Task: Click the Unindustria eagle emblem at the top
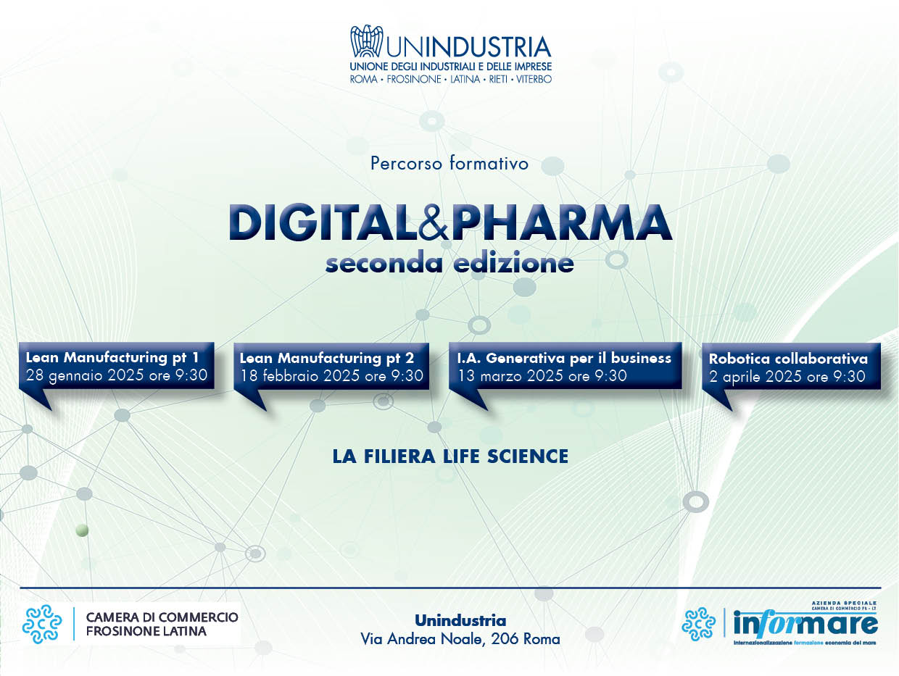366,41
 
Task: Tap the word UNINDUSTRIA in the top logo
468,46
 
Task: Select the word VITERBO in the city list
534,79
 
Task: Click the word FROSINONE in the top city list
414,79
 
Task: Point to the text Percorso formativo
449,164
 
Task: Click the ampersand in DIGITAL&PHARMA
434,223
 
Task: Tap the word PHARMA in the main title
560,223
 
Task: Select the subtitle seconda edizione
449,263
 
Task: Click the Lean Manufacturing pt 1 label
112,358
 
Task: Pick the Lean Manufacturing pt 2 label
327,359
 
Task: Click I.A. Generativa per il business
564,358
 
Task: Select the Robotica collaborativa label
788,359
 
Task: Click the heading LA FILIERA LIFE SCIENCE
450,456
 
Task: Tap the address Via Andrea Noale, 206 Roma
460,639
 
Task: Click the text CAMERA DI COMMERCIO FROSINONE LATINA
162,624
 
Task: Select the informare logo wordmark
805,623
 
